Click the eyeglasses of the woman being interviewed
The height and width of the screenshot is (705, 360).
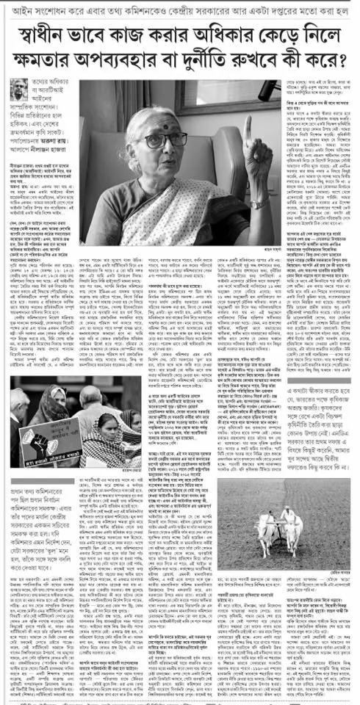point(164,140)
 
